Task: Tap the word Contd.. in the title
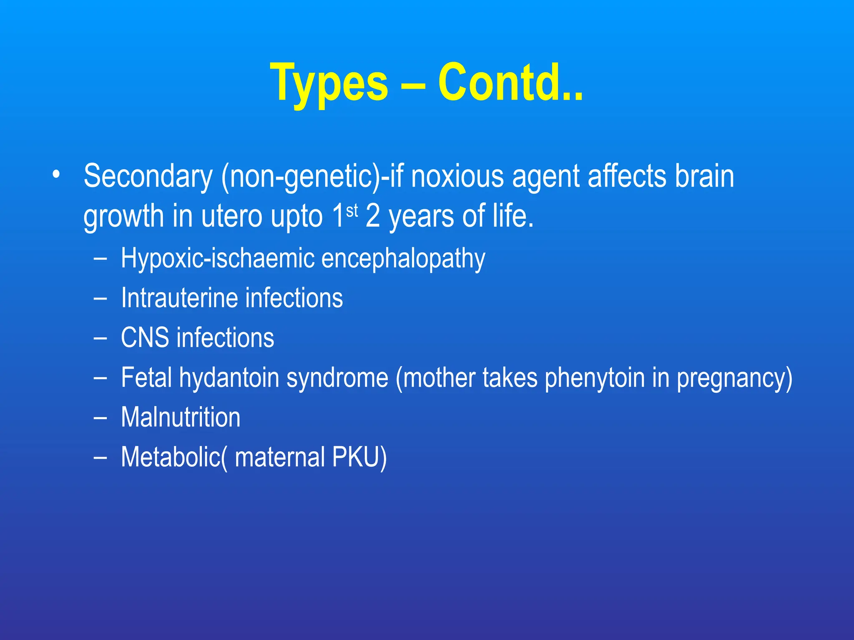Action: click(x=510, y=82)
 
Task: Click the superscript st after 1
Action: click(x=352, y=211)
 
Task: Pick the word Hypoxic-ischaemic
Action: click(x=217, y=258)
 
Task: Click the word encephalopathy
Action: click(x=403, y=258)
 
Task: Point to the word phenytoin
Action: click(x=595, y=377)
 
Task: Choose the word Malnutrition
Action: click(x=181, y=417)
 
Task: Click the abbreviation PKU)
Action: click(x=359, y=457)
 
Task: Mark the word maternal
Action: click(x=280, y=457)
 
